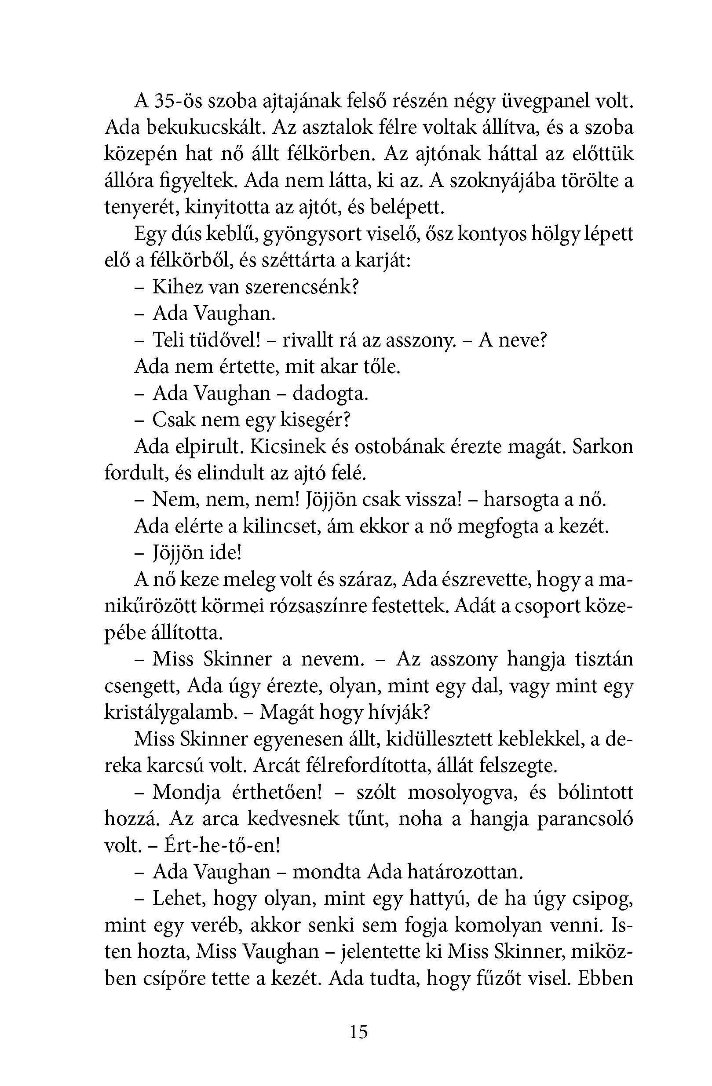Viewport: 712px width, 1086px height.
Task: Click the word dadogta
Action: [330, 393]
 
